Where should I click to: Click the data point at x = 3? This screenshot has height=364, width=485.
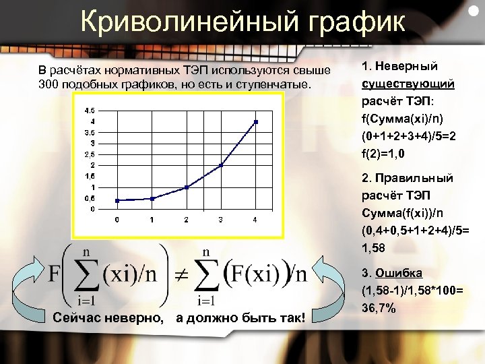(x=221, y=165)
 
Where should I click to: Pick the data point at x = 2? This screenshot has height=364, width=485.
(x=187, y=187)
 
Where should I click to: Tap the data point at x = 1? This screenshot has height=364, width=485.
(x=152, y=198)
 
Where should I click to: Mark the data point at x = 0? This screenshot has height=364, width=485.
(x=117, y=200)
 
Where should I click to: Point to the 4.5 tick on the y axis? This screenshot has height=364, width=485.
(x=90, y=110)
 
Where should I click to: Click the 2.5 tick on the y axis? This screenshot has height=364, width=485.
(x=90, y=154)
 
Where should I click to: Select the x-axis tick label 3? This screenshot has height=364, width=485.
(x=221, y=220)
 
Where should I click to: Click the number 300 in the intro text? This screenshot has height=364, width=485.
(x=50, y=85)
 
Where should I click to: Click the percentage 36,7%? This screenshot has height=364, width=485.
(x=379, y=308)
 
